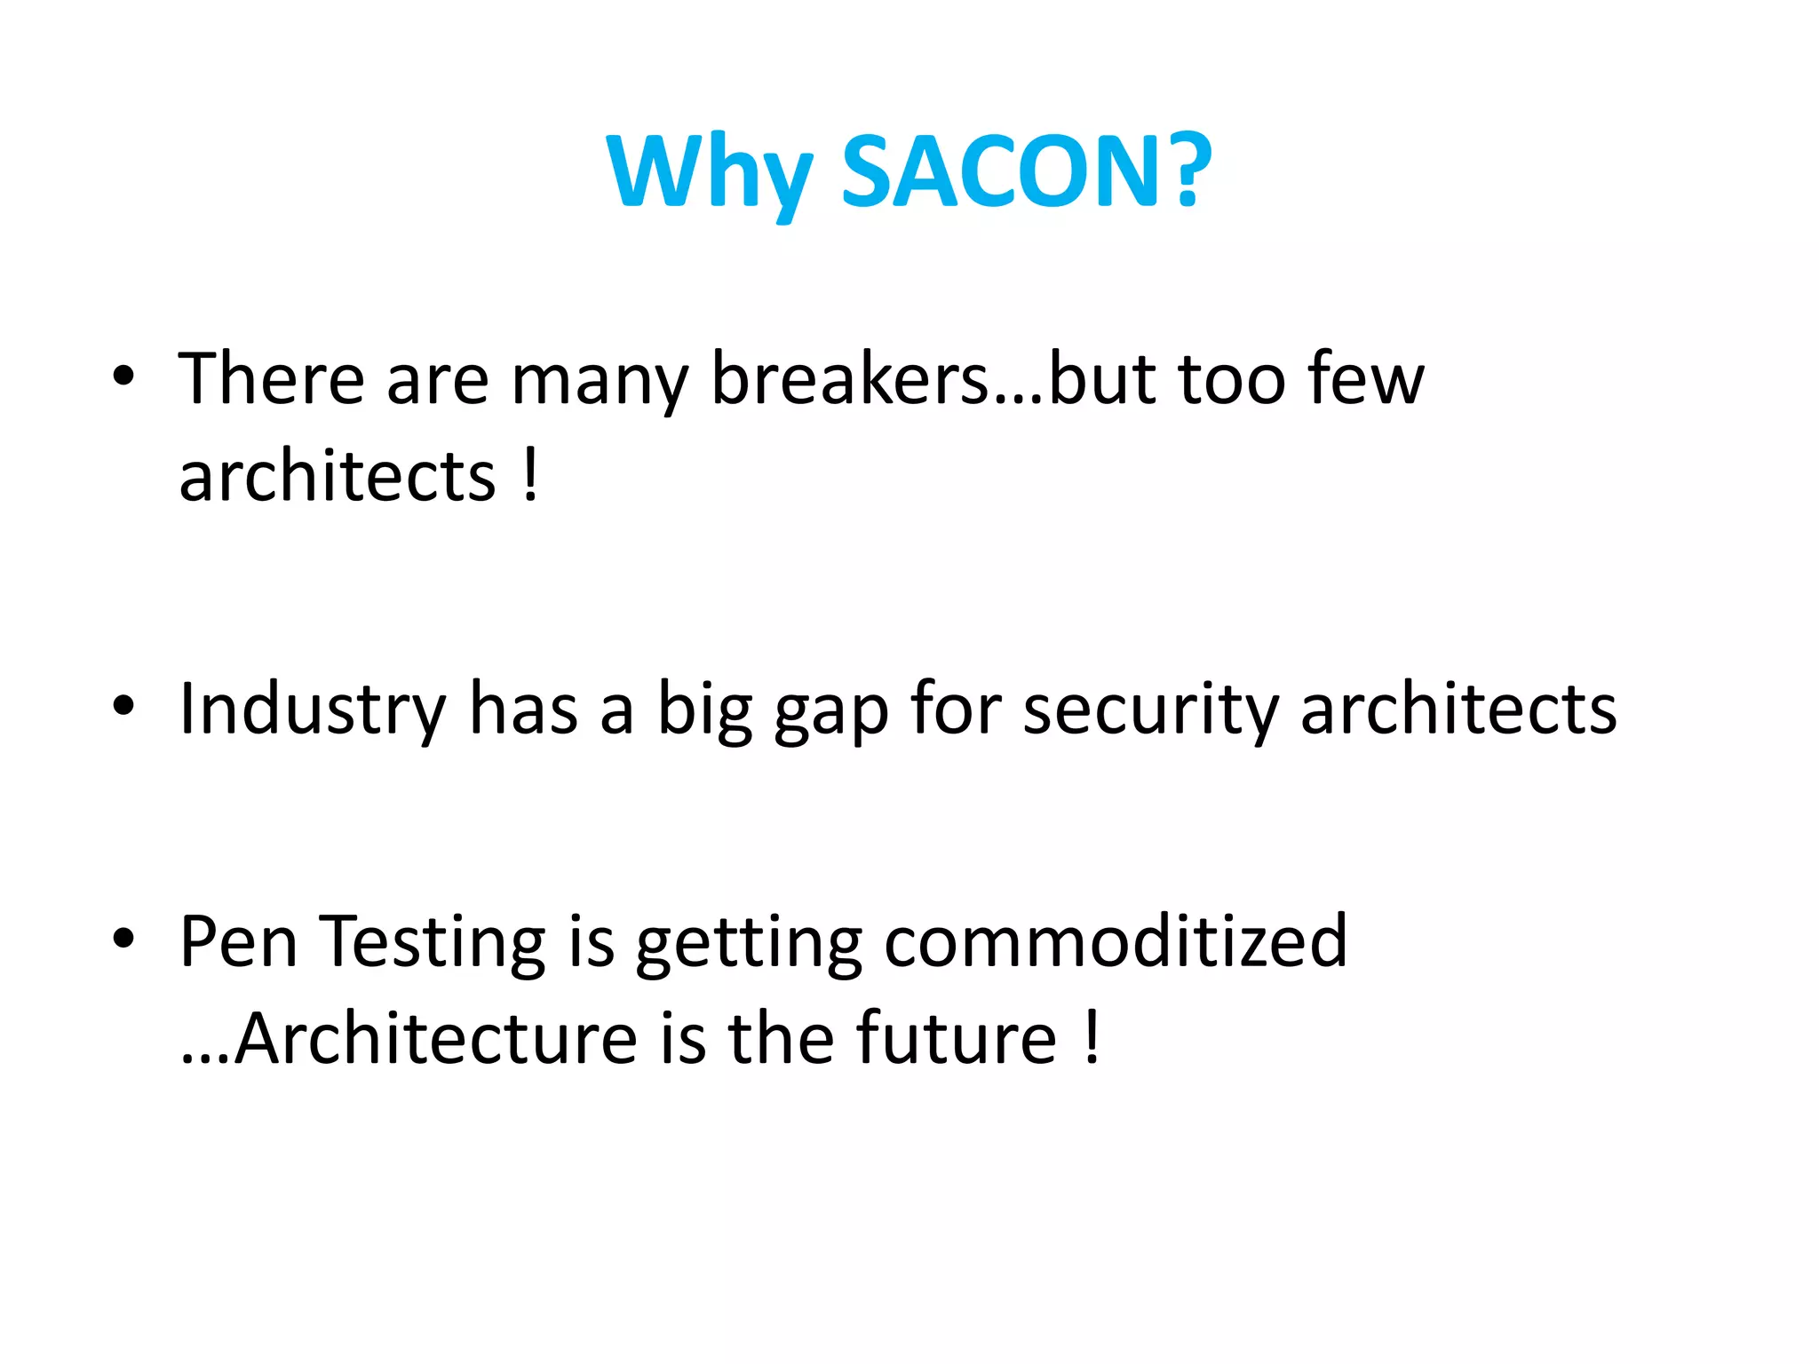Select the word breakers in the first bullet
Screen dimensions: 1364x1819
point(850,379)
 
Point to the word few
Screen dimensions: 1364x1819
point(1366,379)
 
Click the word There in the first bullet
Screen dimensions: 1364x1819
point(272,379)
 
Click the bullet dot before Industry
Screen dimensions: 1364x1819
point(123,707)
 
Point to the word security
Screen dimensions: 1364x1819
point(1150,710)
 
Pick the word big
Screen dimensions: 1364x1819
point(705,710)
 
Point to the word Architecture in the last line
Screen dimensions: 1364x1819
point(436,1039)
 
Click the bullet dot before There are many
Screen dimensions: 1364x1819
point(123,376)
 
